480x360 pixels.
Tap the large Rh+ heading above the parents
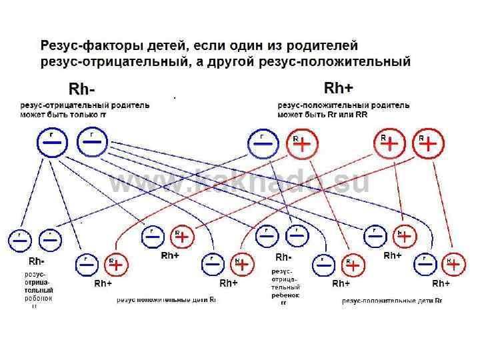(339, 88)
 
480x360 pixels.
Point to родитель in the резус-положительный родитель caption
(386, 105)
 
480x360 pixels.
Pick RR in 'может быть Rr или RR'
(361, 115)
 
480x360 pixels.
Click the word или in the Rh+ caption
(346, 115)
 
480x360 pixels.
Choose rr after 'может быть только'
(103, 115)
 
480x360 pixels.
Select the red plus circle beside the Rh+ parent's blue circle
(302, 145)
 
